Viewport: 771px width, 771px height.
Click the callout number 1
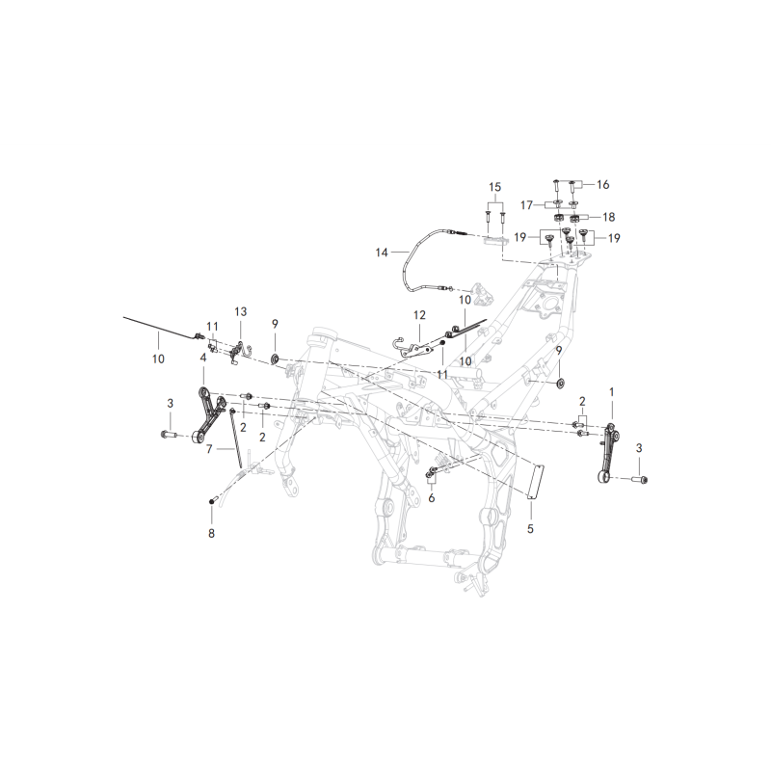click(x=612, y=392)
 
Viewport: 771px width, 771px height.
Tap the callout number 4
click(x=203, y=358)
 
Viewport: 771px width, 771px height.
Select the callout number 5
click(x=530, y=528)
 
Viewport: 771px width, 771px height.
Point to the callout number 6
click(x=431, y=498)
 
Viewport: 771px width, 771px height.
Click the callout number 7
click(x=209, y=449)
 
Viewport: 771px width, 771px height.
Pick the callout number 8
click(x=211, y=533)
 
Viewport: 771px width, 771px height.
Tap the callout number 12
click(x=419, y=315)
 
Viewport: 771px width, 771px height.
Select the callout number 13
click(x=240, y=311)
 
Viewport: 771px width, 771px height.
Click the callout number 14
click(x=382, y=253)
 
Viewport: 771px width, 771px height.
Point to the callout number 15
click(x=494, y=187)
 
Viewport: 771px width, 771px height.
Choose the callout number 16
click(x=603, y=184)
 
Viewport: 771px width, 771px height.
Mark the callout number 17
click(x=526, y=204)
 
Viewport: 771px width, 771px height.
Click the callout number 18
click(x=609, y=217)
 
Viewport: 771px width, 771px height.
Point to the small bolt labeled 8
click(x=212, y=500)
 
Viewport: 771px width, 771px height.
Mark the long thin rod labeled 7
click(x=235, y=438)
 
